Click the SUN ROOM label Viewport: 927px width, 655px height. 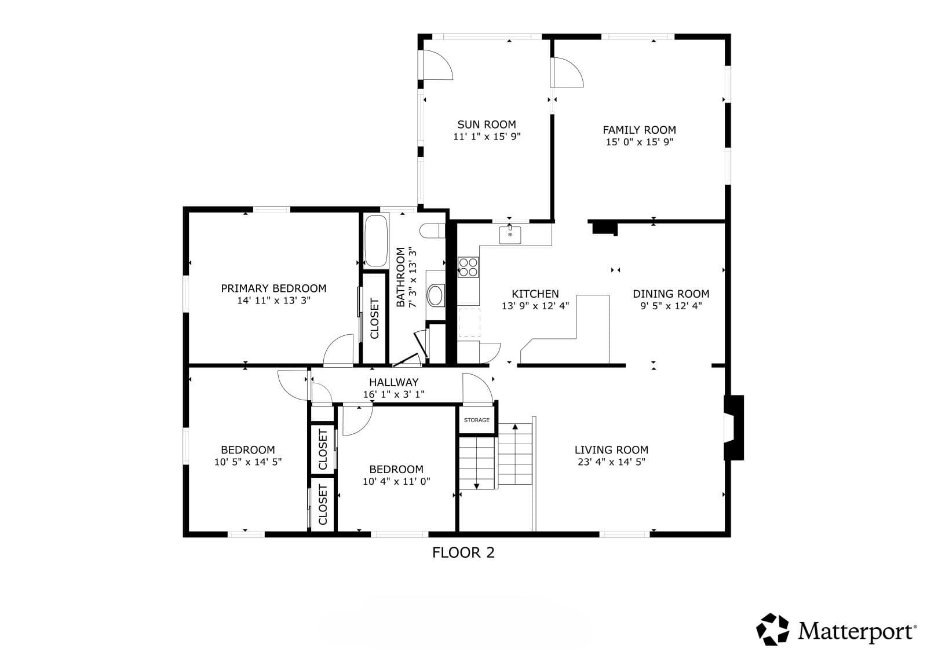[x=487, y=125]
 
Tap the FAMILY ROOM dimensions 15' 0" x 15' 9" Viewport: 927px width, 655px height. [x=640, y=142]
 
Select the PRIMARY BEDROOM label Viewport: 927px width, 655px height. [x=273, y=288]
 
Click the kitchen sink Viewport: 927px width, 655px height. [x=510, y=235]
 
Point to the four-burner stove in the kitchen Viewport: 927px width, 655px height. [x=469, y=267]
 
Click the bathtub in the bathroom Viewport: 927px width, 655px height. [x=376, y=241]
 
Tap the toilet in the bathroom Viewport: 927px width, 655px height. [x=432, y=231]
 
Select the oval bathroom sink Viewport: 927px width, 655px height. [x=435, y=295]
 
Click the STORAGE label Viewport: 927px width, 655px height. [x=477, y=420]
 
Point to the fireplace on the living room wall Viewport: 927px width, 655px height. [x=733, y=428]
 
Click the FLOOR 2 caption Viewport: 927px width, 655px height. [x=463, y=553]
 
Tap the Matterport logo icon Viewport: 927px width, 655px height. [x=772, y=630]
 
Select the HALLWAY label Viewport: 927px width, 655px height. [x=393, y=382]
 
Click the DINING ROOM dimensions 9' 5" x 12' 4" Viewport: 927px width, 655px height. [x=671, y=306]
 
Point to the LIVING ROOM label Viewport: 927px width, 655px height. [x=611, y=450]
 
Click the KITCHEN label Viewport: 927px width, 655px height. [x=535, y=294]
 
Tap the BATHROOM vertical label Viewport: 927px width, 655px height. [x=400, y=277]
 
